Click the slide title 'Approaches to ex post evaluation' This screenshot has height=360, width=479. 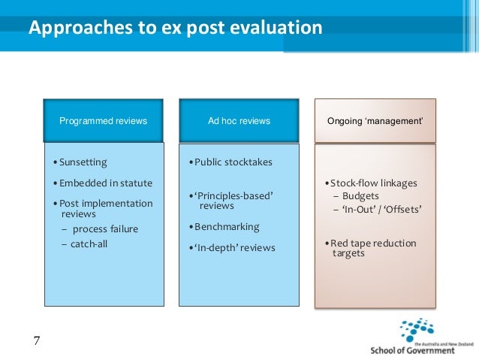coord(175,29)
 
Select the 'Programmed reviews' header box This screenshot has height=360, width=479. coord(104,120)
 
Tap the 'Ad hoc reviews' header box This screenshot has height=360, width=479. coord(239,120)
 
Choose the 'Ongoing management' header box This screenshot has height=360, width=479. coord(375,120)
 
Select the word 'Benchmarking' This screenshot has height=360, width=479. coord(226,226)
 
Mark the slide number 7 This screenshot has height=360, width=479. coord(37,341)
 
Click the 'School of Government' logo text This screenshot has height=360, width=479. coord(412,349)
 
